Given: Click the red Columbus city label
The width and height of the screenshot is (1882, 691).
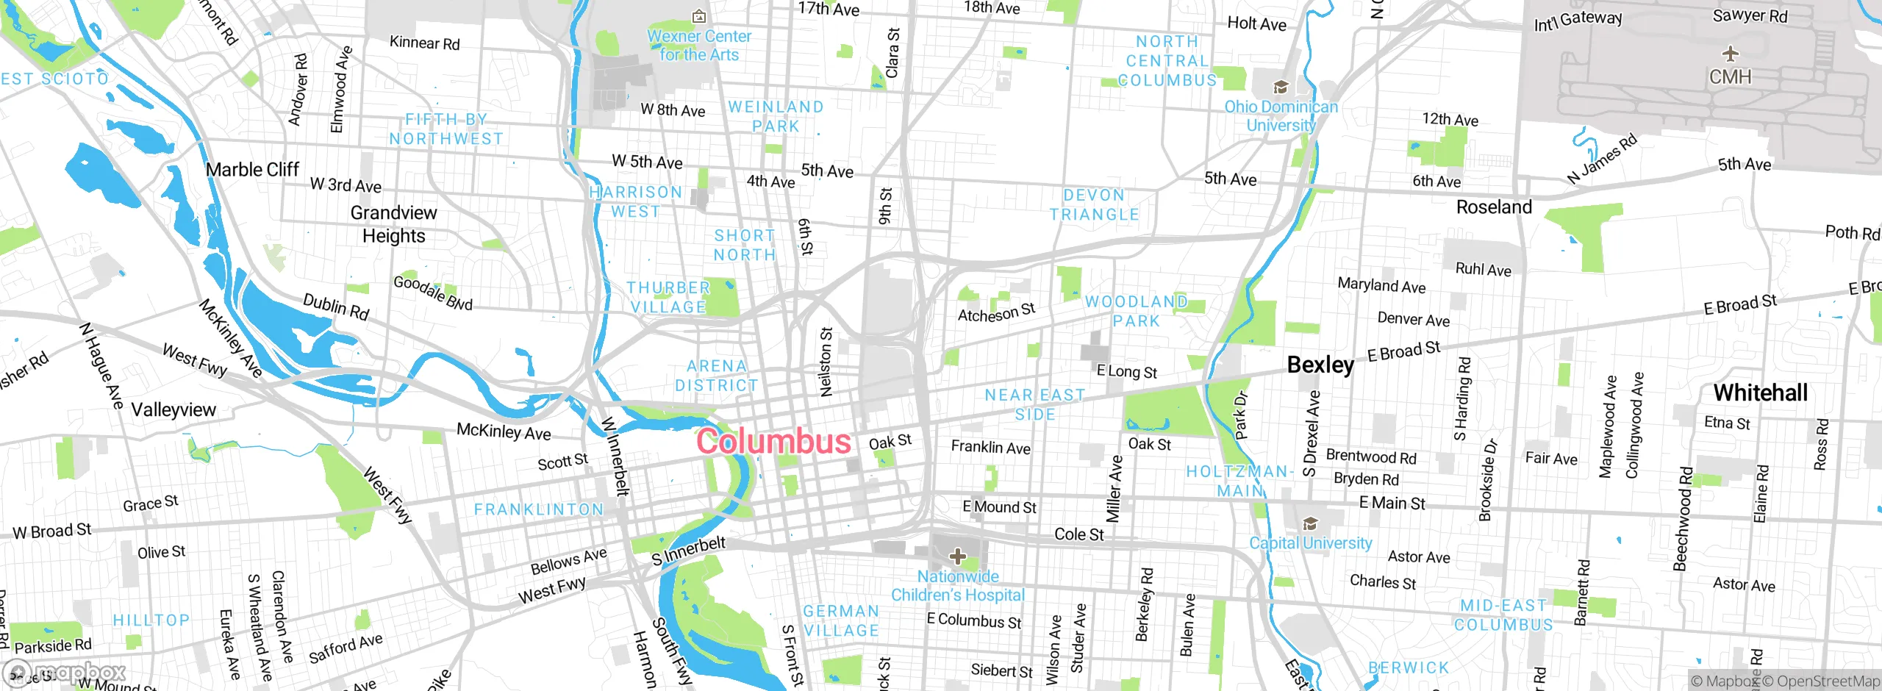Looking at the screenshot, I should (x=773, y=441).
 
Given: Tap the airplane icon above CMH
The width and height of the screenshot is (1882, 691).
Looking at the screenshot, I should (x=1731, y=54).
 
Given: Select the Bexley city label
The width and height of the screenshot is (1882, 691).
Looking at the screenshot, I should (x=1320, y=365).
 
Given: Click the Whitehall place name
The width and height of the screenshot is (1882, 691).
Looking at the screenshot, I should (x=1760, y=393).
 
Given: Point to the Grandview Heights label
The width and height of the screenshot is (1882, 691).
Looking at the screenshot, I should (x=393, y=224).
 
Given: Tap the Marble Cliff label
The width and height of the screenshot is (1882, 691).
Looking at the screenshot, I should (x=252, y=170).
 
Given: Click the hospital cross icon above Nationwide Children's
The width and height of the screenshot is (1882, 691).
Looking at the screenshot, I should (x=958, y=556).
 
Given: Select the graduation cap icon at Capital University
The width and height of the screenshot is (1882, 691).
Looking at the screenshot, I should (x=1310, y=524).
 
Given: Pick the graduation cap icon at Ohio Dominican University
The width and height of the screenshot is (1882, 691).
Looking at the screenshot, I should (x=1281, y=87).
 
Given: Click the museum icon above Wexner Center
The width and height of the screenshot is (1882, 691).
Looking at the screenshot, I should (x=699, y=16).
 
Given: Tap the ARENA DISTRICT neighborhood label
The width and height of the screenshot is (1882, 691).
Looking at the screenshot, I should (x=717, y=376).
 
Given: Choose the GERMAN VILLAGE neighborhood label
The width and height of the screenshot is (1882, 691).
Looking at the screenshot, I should (x=841, y=621).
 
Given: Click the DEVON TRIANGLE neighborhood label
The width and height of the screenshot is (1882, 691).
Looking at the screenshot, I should (x=1094, y=205).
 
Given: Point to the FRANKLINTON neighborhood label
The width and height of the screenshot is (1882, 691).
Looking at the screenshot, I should (x=539, y=509).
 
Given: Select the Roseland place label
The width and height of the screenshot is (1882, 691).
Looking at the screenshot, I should (x=1494, y=207).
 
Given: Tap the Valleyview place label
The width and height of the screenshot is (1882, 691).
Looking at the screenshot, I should (x=173, y=409).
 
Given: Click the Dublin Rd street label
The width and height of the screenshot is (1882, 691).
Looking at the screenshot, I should (x=336, y=307).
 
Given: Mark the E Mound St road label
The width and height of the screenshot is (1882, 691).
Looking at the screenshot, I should (x=999, y=507).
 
